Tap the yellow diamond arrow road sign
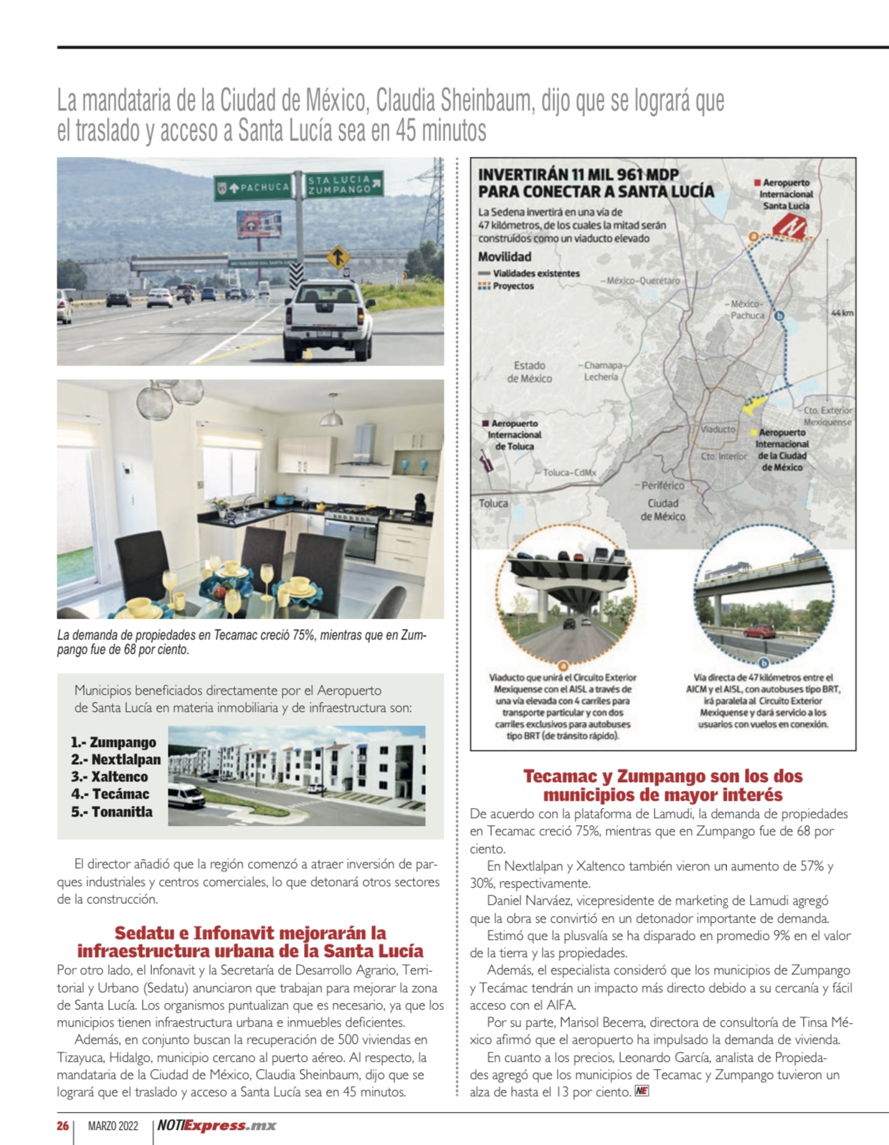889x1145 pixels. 338,257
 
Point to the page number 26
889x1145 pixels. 63,1126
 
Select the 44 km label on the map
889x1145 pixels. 842,313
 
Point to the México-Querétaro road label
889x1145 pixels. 642,280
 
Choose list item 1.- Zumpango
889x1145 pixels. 113,742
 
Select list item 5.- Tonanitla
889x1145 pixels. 112,812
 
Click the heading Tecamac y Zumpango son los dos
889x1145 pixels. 662,776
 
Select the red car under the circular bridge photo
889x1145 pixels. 759,631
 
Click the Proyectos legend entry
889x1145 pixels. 512,286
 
